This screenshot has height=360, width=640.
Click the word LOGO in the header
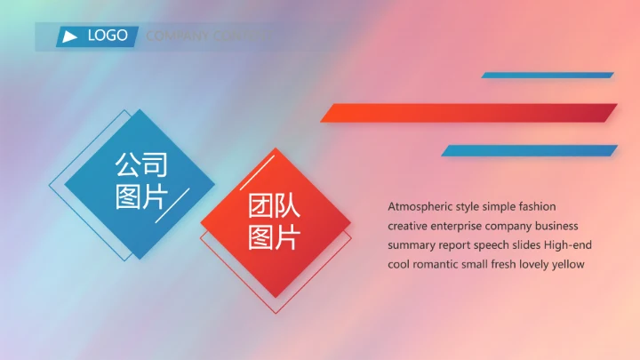108,36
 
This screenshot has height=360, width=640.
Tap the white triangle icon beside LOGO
69,36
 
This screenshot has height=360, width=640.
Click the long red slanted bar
468,113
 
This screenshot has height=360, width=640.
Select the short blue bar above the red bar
548,76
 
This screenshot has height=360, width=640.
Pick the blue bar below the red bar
529,150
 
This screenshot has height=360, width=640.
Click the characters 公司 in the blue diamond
140,165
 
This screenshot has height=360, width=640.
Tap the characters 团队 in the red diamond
274,207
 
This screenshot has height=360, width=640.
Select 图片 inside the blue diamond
140,196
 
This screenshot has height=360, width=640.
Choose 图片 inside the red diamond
274,238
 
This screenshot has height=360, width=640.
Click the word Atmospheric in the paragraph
420,206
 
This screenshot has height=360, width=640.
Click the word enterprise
456,226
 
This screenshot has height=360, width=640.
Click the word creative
407,226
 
